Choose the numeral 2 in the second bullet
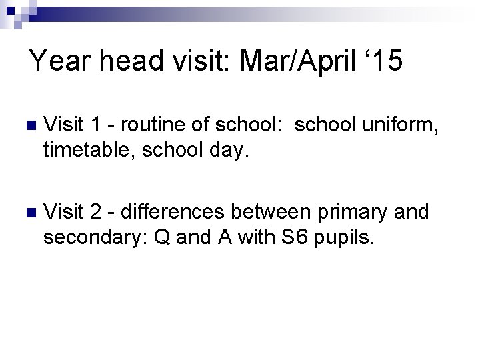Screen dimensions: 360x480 click(96, 214)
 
